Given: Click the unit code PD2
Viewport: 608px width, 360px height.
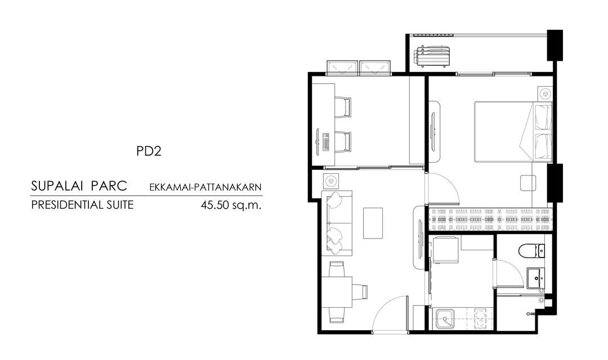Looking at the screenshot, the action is coord(149,151).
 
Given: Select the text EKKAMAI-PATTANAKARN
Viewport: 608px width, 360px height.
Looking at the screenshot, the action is coord(205,187).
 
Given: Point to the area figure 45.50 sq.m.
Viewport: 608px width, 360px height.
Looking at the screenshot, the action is coord(231,205).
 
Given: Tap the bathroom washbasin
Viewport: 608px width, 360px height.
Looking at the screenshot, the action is coord(536,277).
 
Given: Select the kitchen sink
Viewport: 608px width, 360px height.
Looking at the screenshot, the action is coord(445,319).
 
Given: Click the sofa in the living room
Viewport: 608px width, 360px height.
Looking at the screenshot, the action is coord(337,223).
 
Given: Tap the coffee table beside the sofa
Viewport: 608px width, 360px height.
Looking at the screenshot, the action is coord(373,223).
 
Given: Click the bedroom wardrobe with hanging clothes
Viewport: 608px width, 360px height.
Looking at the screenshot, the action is coord(490,220).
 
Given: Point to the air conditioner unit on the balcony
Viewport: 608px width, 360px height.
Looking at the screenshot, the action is coord(432,57).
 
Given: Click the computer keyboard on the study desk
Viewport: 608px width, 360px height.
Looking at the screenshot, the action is coord(325,142).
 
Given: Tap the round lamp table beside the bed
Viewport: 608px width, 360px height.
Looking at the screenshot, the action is coord(545,94).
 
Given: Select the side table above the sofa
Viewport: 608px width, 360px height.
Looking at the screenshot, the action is coord(330,181).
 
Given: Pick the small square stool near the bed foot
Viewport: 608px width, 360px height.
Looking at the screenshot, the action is coord(527,182).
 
